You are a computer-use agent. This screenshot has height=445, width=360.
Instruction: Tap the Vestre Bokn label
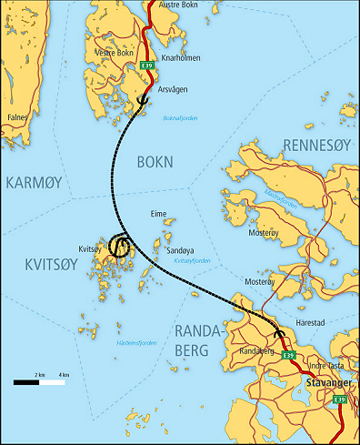pos(114,52)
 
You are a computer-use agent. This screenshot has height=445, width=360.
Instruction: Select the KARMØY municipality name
pos(34,183)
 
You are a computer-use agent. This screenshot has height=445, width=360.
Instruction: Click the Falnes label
pos(18,117)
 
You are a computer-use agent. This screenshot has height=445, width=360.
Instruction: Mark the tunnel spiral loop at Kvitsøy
pos(118,246)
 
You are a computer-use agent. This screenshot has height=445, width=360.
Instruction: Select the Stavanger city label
pos(330,383)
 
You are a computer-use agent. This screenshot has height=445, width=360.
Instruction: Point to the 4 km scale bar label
pos(63,374)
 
